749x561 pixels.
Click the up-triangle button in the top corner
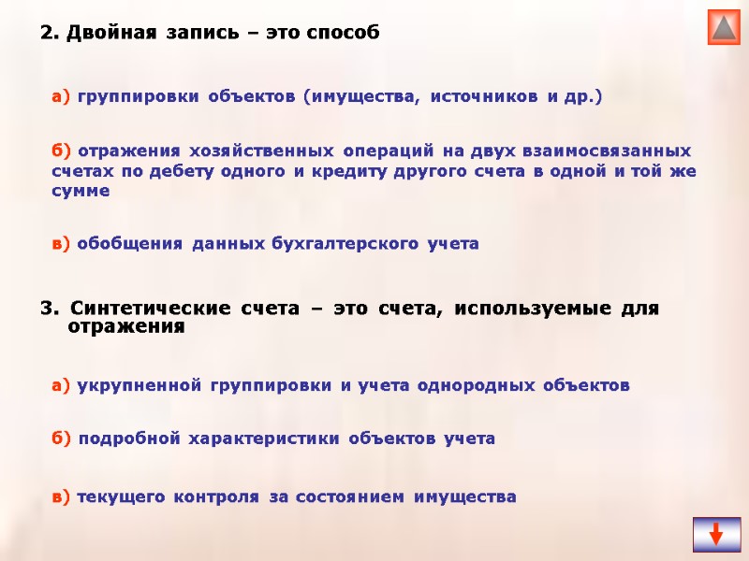(724, 27)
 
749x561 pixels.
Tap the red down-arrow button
(715, 534)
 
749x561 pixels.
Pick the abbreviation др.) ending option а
(582, 96)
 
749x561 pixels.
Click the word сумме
(81, 192)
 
